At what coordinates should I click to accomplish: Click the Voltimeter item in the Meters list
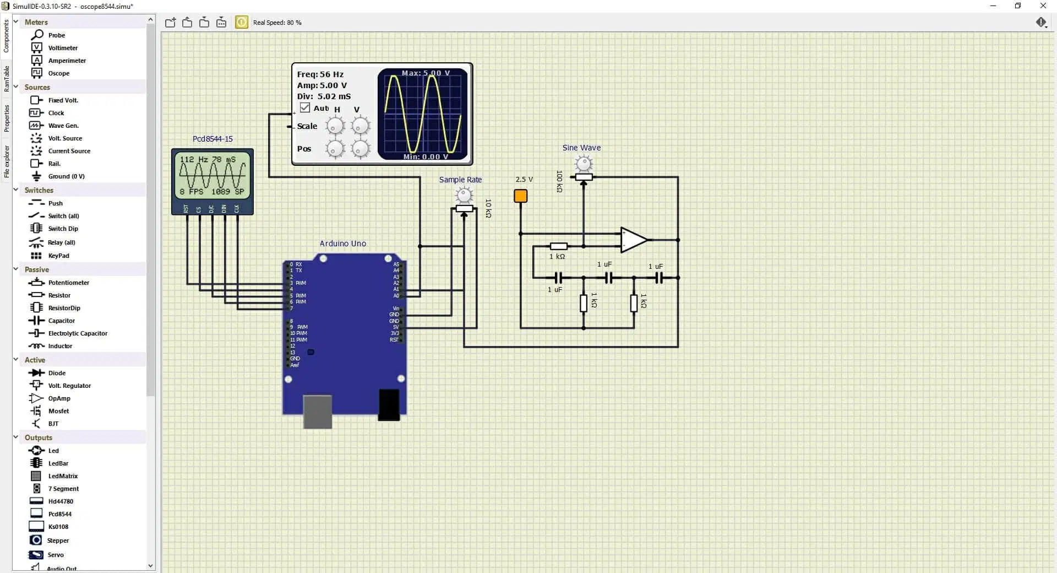pyautogui.click(x=62, y=48)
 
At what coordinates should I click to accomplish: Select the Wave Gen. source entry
pyautogui.click(x=63, y=126)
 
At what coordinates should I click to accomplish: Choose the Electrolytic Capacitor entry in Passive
pyautogui.click(x=77, y=333)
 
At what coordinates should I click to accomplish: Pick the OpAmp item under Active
pyautogui.click(x=59, y=398)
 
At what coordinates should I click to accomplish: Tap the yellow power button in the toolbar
pyautogui.click(x=241, y=22)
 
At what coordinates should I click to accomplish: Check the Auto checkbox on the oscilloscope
pyautogui.click(x=305, y=108)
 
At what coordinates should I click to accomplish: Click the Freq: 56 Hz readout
pyautogui.click(x=320, y=74)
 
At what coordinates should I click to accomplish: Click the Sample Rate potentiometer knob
pyautogui.click(x=464, y=194)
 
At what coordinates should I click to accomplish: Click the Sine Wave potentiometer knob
pyautogui.click(x=583, y=163)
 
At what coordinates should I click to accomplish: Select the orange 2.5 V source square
pyautogui.click(x=520, y=196)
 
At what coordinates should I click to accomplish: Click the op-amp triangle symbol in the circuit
pyautogui.click(x=633, y=240)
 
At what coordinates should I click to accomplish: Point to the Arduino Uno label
pyautogui.click(x=342, y=244)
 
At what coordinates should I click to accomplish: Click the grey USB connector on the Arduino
pyautogui.click(x=318, y=411)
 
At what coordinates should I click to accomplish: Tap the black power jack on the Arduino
pyautogui.click(x=389, y=405)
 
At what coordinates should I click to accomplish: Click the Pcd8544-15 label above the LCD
pyautogui.click(x=213, y=139)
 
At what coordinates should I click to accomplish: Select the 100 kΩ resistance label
pyautogui.click(x=559, y=181)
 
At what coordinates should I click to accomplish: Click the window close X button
pyautogui.click(x=1043, y=6)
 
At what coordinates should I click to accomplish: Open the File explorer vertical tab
pyautogui.click(x=7, y=161)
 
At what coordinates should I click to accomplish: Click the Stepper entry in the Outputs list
pyautogui.click(x=58, y=540)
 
